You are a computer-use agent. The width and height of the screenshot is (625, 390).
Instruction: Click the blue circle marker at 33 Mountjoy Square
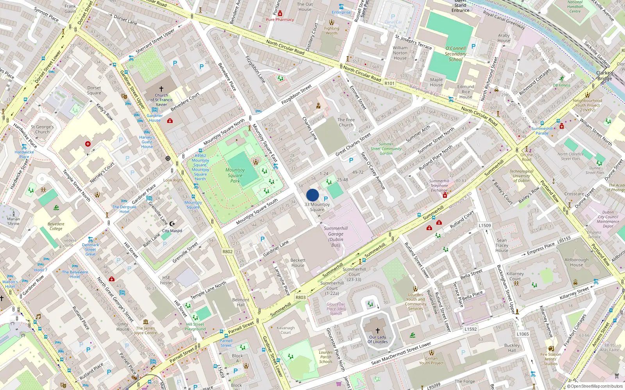click(312, 195)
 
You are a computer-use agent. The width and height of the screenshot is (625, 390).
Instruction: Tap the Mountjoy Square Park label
click(235, 175)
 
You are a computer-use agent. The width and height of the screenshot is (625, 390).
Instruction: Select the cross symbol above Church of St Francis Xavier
click(161, 89)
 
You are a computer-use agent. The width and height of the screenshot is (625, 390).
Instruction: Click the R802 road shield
click(228, 252)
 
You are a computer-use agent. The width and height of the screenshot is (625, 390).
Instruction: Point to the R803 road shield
click(300, 298)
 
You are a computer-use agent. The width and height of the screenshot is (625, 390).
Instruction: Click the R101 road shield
click(389, 83)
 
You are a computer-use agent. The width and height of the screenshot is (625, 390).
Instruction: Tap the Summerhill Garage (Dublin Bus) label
click(336, 237)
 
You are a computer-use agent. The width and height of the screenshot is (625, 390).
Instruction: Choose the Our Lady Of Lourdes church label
click(377, 339)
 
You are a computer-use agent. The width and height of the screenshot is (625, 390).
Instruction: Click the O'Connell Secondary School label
click(455, 54)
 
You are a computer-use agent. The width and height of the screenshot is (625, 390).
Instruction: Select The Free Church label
click(346, 122)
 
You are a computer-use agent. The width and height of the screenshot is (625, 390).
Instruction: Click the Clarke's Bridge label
click(605, 76)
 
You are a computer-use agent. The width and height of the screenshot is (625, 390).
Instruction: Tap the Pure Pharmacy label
click(280, 19)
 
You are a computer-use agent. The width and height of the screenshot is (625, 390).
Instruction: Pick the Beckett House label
click(298, 263)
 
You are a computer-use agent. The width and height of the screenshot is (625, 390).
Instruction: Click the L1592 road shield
click(471, 329)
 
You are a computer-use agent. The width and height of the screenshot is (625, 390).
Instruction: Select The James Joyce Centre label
click(145, 330)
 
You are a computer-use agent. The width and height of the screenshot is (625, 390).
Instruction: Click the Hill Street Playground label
click(195, 327)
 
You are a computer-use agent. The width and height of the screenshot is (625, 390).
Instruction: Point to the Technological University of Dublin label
click(521, 176)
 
